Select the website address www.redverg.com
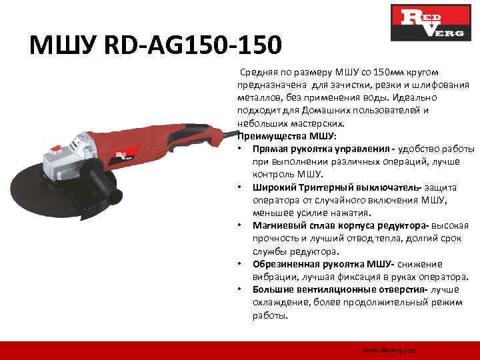(388, 349)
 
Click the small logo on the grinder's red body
(123, 155)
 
